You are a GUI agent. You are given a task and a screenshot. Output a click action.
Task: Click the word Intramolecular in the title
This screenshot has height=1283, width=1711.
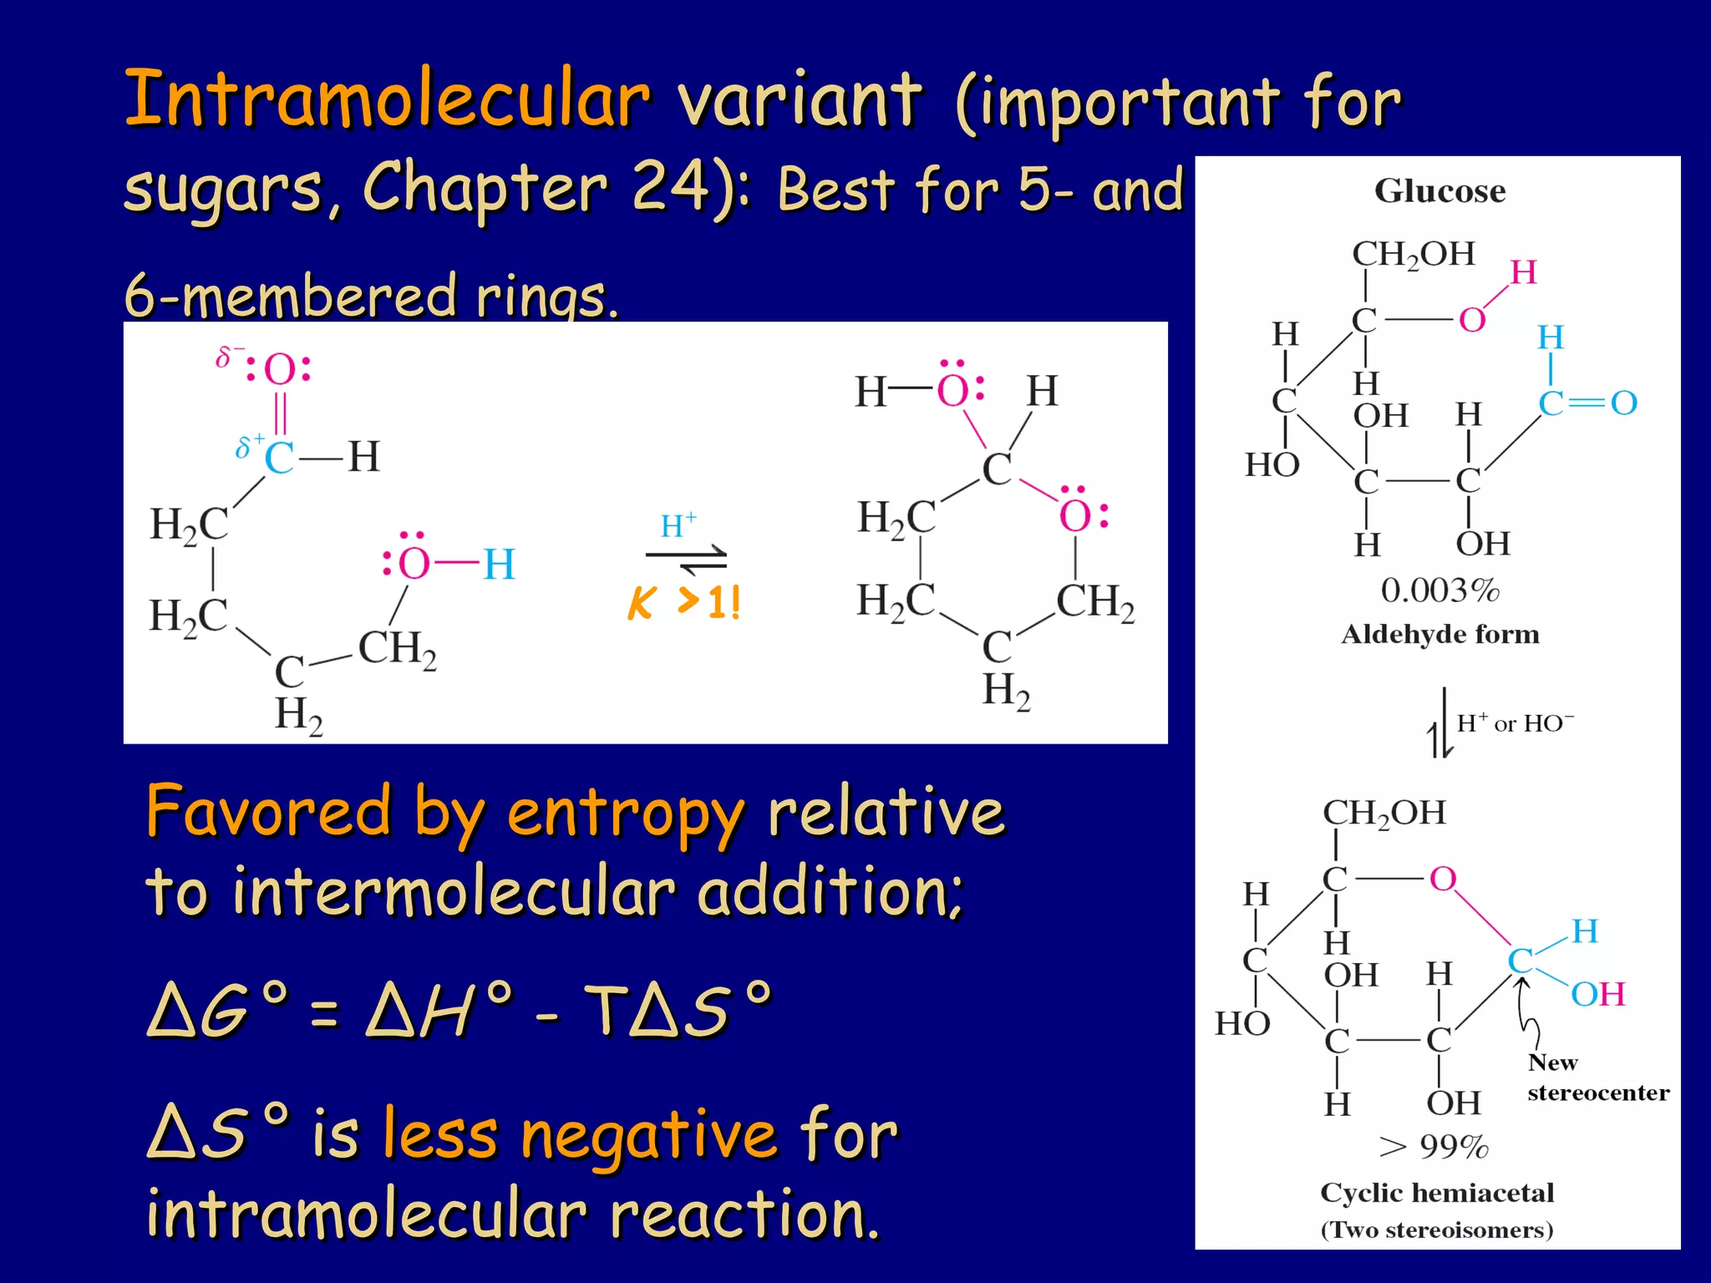pyautogui.click(x=386, y=99)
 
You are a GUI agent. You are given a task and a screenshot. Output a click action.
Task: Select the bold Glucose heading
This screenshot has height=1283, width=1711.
pyautogui.click(x=1439, y=191)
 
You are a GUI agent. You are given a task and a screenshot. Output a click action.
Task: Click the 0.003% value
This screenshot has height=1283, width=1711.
pyautogui.click(x=1439, y=591)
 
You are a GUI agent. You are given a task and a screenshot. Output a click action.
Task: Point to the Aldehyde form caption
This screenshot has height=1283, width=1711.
pyautogui.click(x=1439, y=634)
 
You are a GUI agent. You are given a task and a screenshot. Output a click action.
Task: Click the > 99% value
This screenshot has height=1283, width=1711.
pyautogui.click(x=1434, y=1146)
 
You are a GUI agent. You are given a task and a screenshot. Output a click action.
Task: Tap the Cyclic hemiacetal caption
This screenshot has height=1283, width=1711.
pyautogui.click(x=1437, y=1192)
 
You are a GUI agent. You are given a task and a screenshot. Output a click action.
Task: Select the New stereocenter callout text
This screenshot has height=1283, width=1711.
pyautogui.click(x=1597, y=1078)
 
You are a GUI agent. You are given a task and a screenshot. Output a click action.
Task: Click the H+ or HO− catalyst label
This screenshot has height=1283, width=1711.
pyautogui.click(x=1515, y=723)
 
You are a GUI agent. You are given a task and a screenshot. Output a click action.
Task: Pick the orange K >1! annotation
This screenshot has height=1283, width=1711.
pyautogui.click(x=684, y=601)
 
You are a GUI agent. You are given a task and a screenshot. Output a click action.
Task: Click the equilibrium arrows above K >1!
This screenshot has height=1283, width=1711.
pyautogui.click(x=686, y=559)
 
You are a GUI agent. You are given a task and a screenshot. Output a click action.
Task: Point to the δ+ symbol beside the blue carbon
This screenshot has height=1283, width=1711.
pyautogui.click(x=249, y=446)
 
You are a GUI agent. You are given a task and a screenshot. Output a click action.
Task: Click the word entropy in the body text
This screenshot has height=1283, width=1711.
pyautogui.click(x=625, y=812)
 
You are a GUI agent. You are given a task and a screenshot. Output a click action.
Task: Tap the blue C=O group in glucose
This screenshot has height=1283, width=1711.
pyautogui.click(x=1587, y=403)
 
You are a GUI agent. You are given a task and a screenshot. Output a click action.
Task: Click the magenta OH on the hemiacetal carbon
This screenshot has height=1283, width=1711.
pyautogui.click(x=1597, y=994)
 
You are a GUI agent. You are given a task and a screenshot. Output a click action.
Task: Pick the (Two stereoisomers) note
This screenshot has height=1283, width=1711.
pyautogui.click(x=1437, y=1230)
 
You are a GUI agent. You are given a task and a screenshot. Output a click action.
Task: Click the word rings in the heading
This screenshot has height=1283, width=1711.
pyautogui.click(x=547, y=297)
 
